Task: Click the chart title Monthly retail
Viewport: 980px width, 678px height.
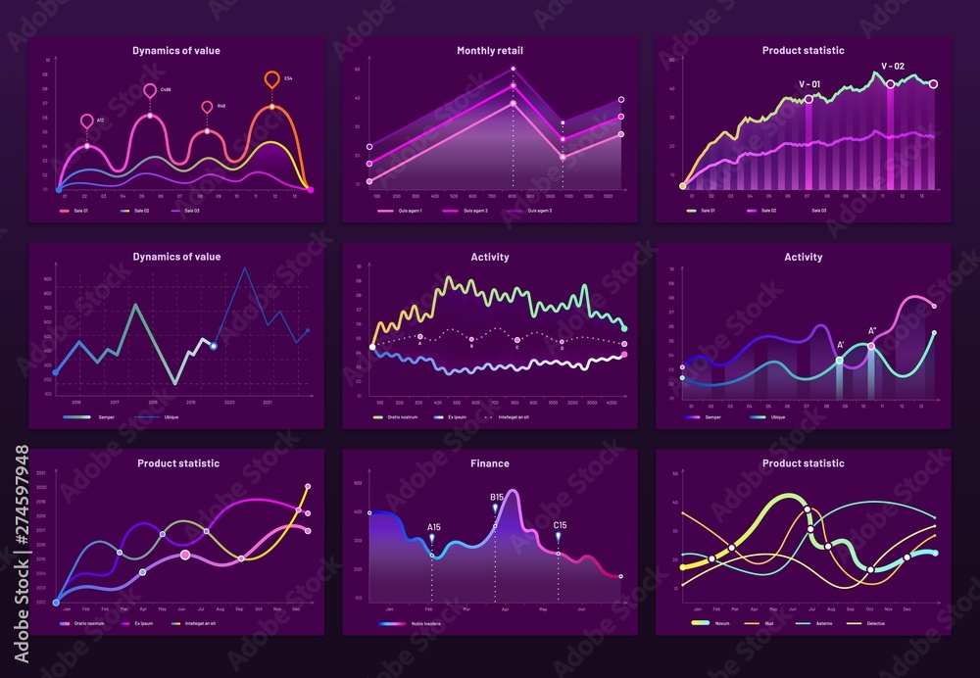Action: click(489, 50)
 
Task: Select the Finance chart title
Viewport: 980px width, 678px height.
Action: click(489, 463)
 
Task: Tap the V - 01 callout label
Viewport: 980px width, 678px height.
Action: click(809, 84)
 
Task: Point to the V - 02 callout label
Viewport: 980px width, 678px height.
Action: click(892, 66)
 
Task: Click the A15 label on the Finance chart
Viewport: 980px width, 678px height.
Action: click(433, 527)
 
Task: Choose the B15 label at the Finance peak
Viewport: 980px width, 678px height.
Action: click(497, 497)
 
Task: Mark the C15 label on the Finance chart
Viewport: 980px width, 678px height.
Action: click(560, 525)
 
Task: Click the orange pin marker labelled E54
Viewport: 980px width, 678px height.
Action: click(272, 79)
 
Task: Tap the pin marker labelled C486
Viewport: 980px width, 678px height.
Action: click(150, 91)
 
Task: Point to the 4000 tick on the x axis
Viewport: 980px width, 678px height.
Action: click(610, 403)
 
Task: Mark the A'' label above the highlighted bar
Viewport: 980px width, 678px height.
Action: click(872, 331)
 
